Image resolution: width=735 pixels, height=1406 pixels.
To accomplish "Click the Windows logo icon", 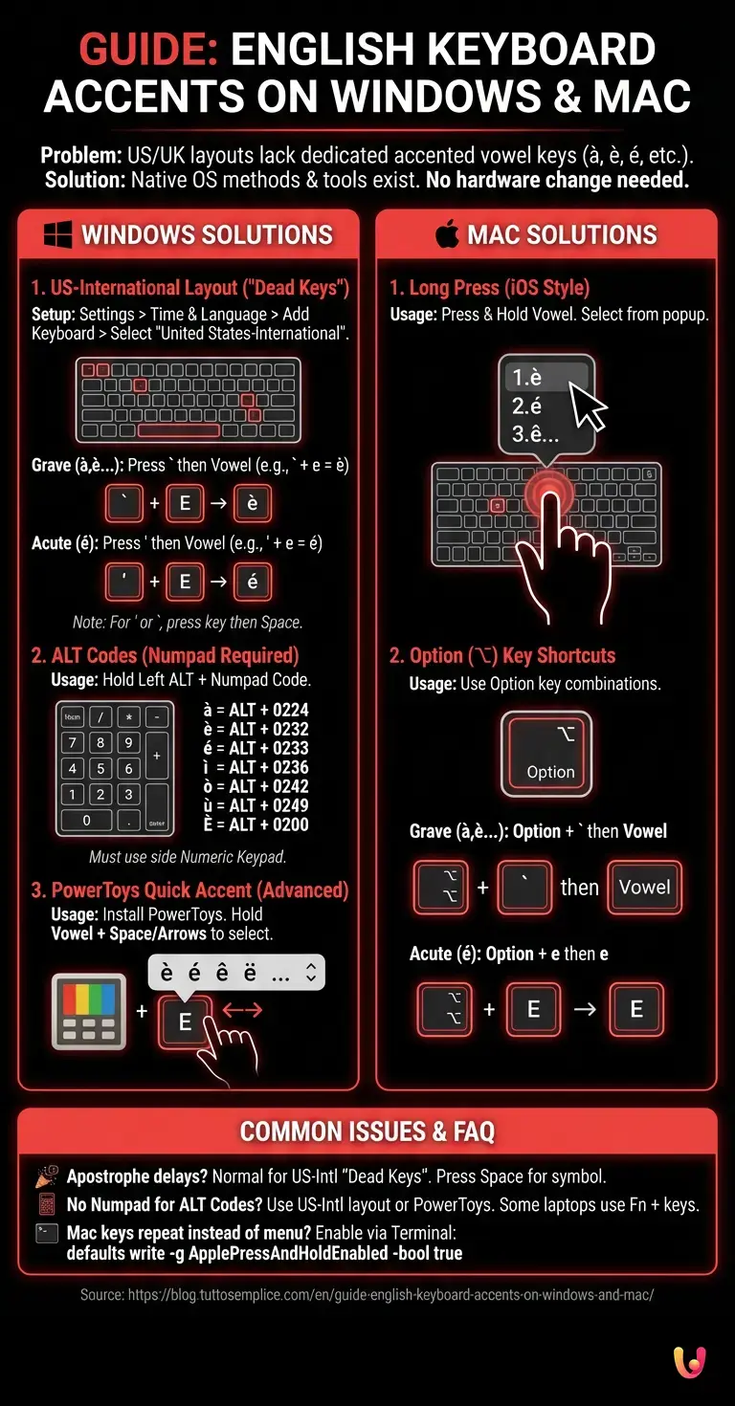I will pyautogui.click(x=59, y=234).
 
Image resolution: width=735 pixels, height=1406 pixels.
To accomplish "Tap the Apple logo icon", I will pyautogui.click(x=447, y=234).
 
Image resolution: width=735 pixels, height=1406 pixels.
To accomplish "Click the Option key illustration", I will pyautogui.click(x=546, y=756).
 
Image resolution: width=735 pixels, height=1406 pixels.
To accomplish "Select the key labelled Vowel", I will pyautogui.click(x=644, y=887).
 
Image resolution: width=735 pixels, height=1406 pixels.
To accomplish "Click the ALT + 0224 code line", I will pyautogui.click(x=256, y=710).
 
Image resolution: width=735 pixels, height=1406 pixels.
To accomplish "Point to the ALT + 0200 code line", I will pyautogui.click(x=256, y=824).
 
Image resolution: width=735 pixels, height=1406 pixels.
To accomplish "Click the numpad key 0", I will pyautogui.click(x=86, y=820).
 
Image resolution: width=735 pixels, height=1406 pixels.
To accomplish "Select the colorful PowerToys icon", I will pyautogui.click(x=89, y=1011).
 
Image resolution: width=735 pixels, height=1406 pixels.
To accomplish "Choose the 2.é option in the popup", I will pyautogui.click(x=527, y=406).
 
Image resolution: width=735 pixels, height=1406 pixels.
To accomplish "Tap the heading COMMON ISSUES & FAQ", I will pyautogui.click(x=367, y=1132).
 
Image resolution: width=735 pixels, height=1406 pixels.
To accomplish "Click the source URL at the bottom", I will pyautogui.click(x=367, y=1294).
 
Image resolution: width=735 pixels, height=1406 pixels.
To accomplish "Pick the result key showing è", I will pyautogui.click(x=253, y=503).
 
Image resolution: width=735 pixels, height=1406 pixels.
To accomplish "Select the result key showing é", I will pyautogui.click(x=253, y=581).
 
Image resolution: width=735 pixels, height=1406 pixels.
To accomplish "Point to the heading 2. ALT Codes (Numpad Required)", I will pyautogui.click(x=165, y=655).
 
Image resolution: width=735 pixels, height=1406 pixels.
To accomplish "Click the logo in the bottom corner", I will pyautogui.click(x=689, y=1362).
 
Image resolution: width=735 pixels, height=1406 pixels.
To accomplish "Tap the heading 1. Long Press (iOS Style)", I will pyautogui.click(x=489, y=287).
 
